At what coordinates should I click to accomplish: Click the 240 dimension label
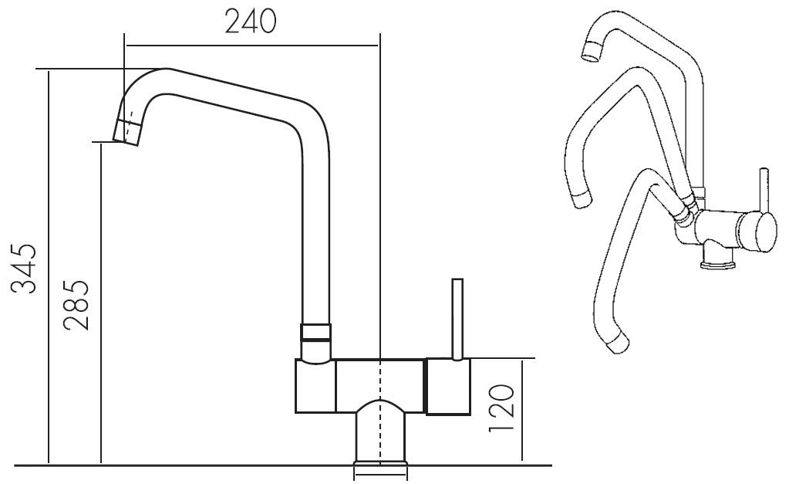[x=251, y=22]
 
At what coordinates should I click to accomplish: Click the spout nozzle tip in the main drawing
[x=127, y=132]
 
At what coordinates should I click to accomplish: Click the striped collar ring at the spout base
[x=315, y=333]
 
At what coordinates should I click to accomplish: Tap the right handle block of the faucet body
[x=448, y=387]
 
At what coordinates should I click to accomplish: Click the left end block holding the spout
[x=315, y=387]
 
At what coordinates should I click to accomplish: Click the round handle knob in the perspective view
[x=757, y=232]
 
